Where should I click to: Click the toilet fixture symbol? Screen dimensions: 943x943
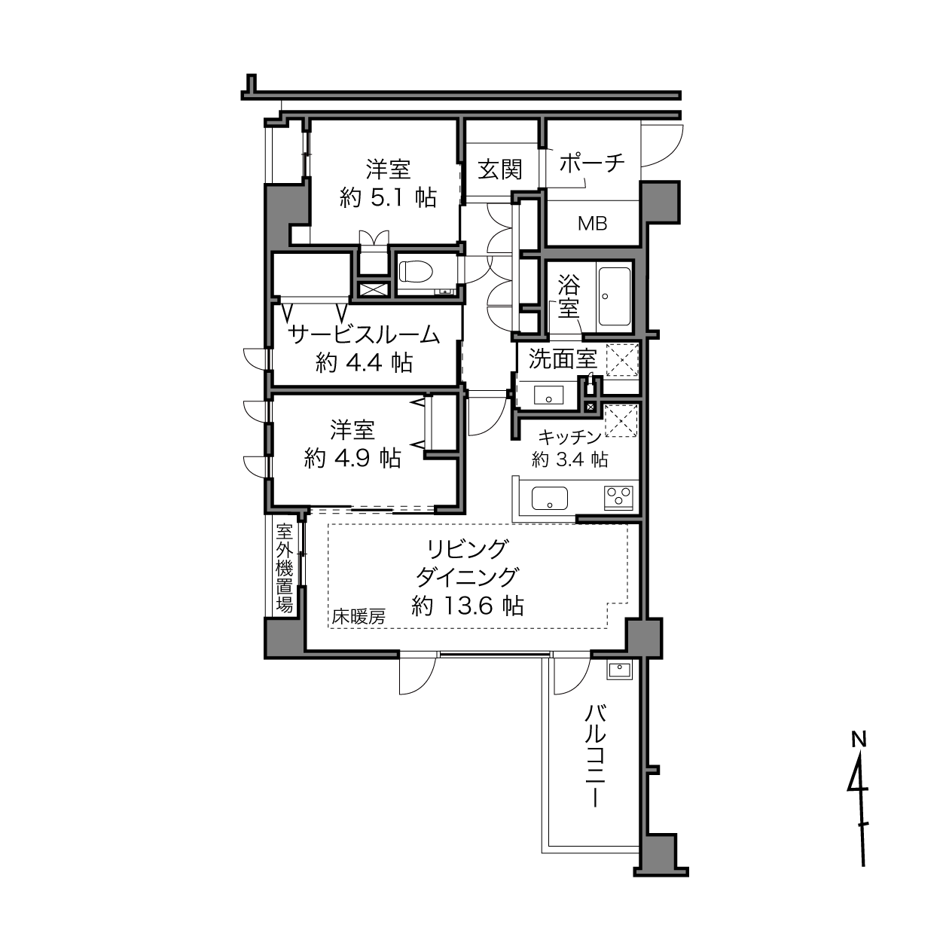click(416, 272)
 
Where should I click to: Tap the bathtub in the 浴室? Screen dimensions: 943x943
click(614, 297)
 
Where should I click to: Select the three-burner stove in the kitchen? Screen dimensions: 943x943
click(618, 497)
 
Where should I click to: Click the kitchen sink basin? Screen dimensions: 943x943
click(550, 498)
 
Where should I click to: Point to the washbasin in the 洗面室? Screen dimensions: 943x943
click(548, 395)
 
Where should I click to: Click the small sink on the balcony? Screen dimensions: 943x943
click(620, 669)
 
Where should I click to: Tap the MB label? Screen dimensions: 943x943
click(592, 224)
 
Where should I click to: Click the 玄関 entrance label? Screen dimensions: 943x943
click(499, 169)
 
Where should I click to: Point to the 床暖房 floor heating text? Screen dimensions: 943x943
click(359, 617)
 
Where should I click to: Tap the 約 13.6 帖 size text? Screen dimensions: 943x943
click(468, 606)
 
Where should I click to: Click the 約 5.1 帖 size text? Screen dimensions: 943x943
click(388, 197)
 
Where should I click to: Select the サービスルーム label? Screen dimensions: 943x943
click(364, 334)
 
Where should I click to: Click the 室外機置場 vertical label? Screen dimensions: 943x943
click(284, 568)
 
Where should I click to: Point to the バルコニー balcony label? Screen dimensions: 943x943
click(595, 756)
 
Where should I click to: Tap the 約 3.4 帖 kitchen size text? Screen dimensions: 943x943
click(569, 459)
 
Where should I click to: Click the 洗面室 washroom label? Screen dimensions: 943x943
click(563, 360)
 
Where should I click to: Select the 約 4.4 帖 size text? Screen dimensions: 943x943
click(364, 363)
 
